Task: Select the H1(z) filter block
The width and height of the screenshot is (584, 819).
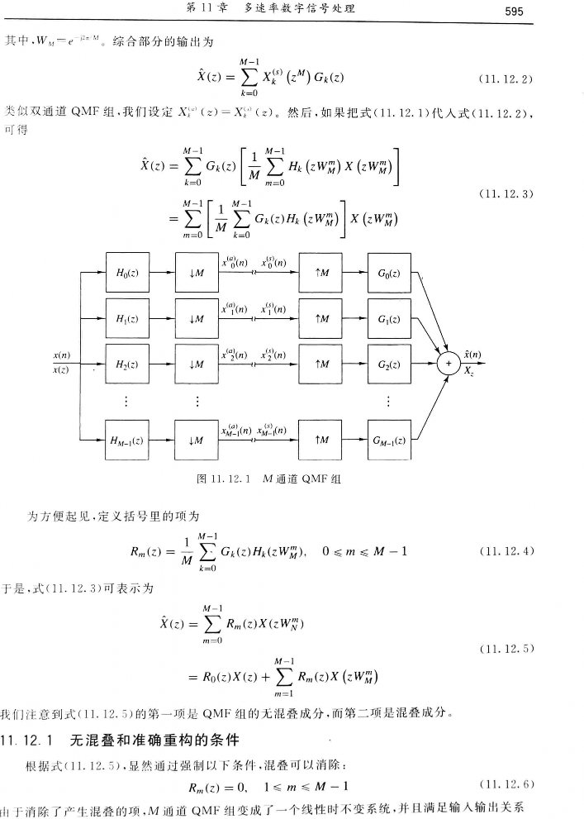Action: (x=126, y=319)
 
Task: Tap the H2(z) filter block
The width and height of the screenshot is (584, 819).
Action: (x=126, y=364)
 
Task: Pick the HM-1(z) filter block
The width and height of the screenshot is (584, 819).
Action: (x=126, y=441)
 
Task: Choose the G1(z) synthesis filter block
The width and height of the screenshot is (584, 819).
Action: (x=388, y=319)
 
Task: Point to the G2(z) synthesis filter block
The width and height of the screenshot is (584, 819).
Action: (x=388, y=364)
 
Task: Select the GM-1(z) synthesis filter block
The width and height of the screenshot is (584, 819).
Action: (x=388, y=441)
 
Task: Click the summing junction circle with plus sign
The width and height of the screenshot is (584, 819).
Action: (x=449, y=364)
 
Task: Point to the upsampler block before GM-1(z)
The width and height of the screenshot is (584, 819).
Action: (x=319, y=441)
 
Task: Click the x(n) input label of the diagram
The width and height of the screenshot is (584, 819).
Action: (x=61, y=355)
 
